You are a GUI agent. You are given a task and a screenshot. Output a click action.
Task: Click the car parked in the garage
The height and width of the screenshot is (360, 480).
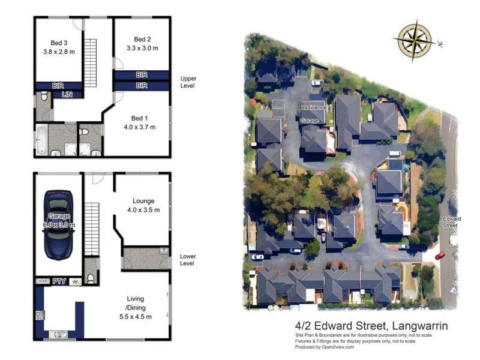pyautogui.click(x=59, y=224)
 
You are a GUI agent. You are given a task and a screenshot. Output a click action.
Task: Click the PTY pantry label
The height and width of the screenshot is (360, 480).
pyautogui.click(x=59, y=281)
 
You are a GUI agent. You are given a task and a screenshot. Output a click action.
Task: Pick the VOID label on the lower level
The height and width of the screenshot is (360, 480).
pyautogui.click(x=43, y=281)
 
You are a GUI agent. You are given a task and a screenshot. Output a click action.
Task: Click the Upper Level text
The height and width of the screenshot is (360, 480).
pyautogui.click(x=188, y=82)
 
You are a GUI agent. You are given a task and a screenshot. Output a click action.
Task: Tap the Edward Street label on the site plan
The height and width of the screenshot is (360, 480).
pyautogui.click(x=452, y=222)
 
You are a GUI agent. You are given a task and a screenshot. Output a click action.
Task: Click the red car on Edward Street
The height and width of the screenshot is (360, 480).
pyautogui.click(x=440, y=255)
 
